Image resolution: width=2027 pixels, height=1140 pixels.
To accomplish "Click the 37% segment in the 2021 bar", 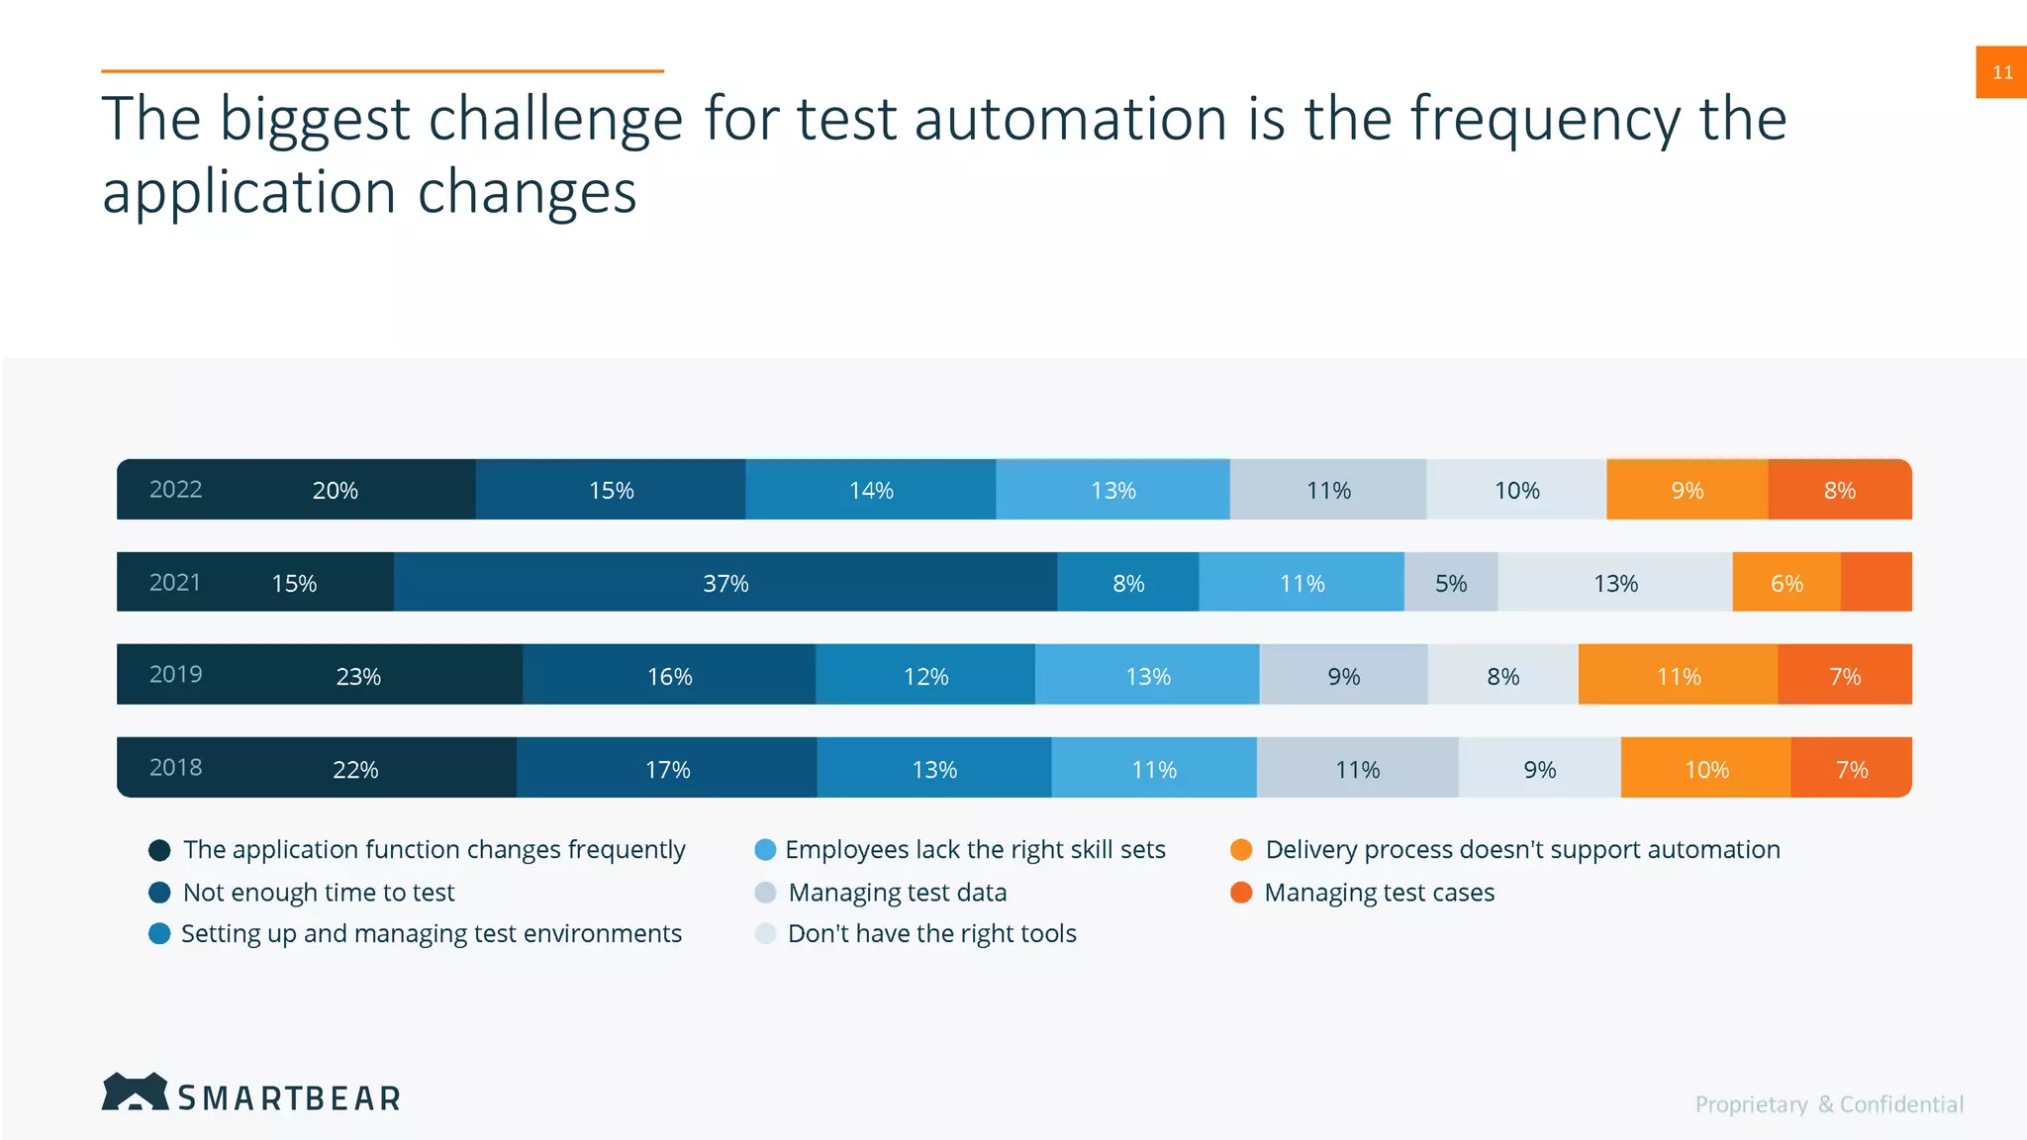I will [725, 583].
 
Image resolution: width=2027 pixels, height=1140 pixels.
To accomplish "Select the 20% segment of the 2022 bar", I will [336, 490].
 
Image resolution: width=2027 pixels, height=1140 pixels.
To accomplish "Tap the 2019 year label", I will [175, 675].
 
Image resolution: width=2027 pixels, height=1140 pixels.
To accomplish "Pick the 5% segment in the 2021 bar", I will [1451, 583].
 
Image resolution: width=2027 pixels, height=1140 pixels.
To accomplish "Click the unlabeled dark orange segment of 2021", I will [1876, 583].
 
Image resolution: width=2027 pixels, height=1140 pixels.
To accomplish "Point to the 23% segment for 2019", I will [358, 676].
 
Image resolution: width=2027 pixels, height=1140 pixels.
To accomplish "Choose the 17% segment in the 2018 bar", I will [668, 769].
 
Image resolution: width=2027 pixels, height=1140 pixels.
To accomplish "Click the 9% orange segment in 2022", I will [1688, 490].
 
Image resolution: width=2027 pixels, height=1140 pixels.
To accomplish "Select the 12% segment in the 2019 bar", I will [925, 676].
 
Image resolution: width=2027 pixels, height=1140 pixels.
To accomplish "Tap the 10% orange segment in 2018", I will [1706, 769].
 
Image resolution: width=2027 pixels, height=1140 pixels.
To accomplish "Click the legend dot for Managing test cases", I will [1241, 893].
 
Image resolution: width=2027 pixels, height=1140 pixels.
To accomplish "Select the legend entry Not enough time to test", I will [318, 893].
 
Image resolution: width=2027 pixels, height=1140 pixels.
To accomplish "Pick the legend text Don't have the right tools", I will [931, 934].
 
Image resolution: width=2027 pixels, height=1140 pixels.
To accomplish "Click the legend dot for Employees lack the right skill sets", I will [765, 850].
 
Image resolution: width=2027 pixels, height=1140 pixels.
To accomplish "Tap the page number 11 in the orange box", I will [2001, 72].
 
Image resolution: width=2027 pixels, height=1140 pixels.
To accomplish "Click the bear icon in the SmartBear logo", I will [135, 1092].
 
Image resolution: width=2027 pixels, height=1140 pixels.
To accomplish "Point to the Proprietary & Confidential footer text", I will [1829, 1104].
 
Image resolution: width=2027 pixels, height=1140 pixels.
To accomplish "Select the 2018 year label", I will [175, 768].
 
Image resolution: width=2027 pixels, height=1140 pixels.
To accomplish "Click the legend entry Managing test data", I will [897, 893].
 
